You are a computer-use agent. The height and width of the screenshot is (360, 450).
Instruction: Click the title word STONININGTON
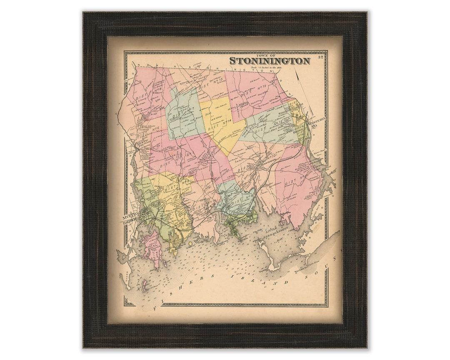tap(270, 61)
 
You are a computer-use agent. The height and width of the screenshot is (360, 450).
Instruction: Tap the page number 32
tap(320, 57)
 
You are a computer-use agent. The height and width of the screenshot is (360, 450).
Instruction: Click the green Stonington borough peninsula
tap(235, 227)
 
